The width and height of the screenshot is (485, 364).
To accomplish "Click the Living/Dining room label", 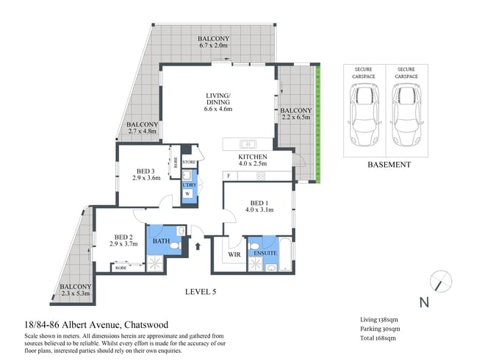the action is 218,99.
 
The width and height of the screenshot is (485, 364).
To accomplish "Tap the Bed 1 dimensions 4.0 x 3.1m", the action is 259,210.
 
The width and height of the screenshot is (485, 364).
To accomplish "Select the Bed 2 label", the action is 123,237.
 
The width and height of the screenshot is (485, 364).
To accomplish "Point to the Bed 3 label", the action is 145,171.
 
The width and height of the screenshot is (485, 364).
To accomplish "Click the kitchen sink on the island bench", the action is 248,144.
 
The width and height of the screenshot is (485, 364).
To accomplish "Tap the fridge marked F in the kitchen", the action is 229,176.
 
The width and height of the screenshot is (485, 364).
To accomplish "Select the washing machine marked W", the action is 187,193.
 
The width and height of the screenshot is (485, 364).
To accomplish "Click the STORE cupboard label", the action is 189,162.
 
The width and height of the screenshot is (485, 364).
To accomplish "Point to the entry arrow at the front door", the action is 198,246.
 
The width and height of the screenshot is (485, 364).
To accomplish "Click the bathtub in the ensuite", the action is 285,254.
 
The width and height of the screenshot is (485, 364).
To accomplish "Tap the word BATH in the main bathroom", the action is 161,240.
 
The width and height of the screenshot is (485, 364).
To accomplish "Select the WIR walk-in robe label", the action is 234,254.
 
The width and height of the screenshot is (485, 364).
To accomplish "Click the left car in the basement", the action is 364,115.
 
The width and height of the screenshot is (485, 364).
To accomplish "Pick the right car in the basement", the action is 407,115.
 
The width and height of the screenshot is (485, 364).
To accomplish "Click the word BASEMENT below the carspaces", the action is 389,165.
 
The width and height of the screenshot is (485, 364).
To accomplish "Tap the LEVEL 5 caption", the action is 201,292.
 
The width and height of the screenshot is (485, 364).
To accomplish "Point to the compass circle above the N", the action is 441,282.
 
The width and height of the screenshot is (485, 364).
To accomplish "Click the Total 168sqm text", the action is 378,338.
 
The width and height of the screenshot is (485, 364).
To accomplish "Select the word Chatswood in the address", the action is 146,325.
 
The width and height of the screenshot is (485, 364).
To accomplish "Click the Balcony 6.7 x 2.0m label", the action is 213,42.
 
